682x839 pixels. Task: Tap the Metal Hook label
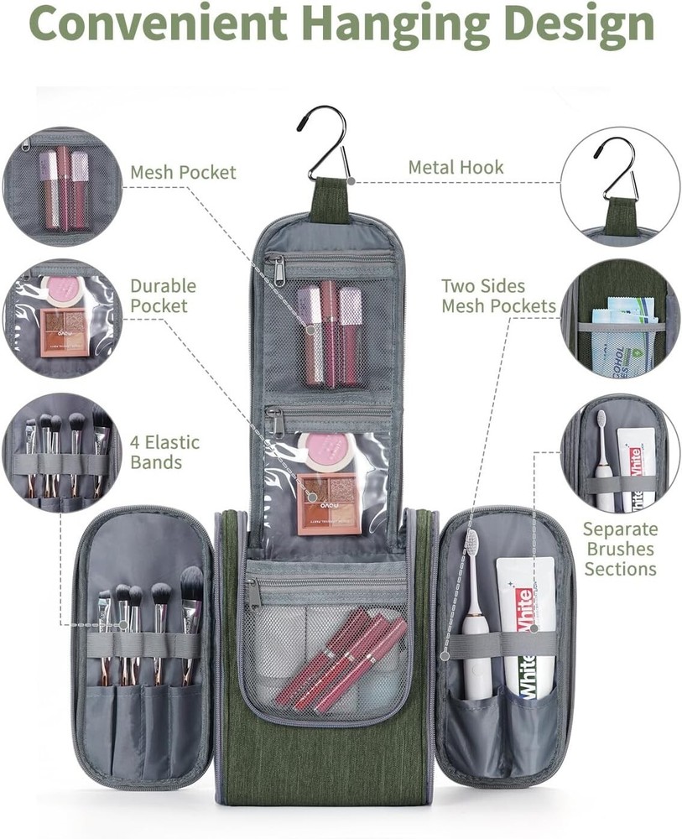pos(456,168)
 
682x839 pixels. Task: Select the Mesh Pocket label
pos(183,172)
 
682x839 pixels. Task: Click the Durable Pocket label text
pos(163,295)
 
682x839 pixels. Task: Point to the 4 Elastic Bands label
pos(164,452)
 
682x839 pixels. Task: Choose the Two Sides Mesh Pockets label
pos(498,295)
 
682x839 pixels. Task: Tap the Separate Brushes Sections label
pos(620,549)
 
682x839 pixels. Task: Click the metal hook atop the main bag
pos(325,143)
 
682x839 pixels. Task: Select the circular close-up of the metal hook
pos(620,185)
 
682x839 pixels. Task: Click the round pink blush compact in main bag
pos(320,450)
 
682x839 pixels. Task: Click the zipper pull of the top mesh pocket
pos(279,267)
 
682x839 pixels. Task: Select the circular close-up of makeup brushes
pos(61,453)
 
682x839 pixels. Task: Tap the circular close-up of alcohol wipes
pos(620,320)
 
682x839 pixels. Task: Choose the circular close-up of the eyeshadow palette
pos(62,319)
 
